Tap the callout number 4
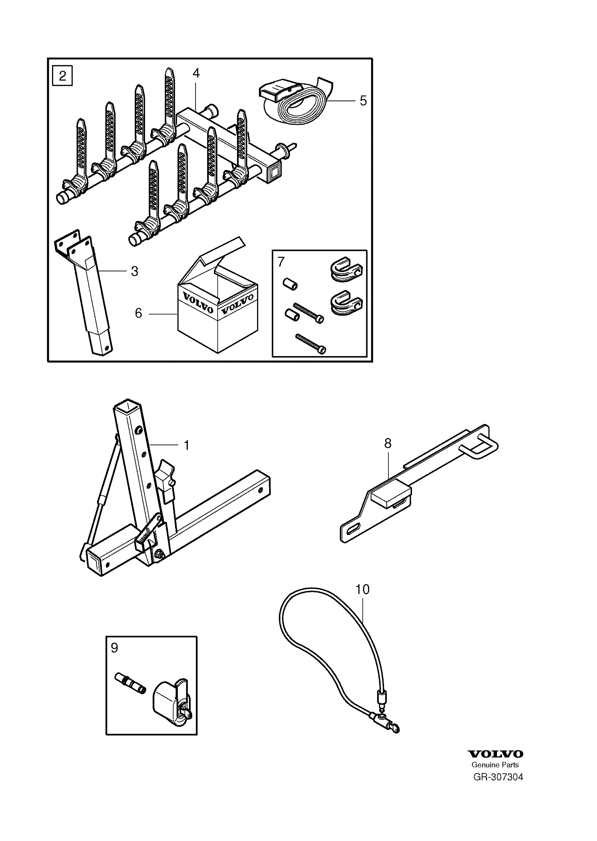click(196, 74)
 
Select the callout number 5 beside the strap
click(363, 100)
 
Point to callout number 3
click(135, 272)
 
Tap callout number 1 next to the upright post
click(186, 445)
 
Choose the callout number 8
click(388, 444)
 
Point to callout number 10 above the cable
click(362, 589)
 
